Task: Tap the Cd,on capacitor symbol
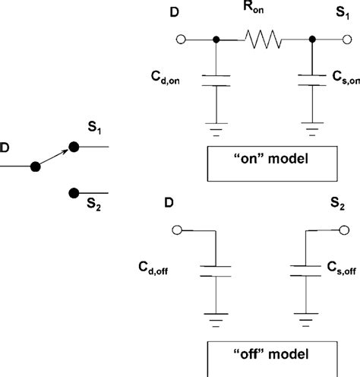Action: coord(217,81)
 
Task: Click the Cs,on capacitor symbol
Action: coord(311,81)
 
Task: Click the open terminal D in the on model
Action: coord(181,40)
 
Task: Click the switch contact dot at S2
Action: coord(74,193)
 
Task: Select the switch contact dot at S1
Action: coord(74,146)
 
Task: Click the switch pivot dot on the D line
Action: coord(34,166)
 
